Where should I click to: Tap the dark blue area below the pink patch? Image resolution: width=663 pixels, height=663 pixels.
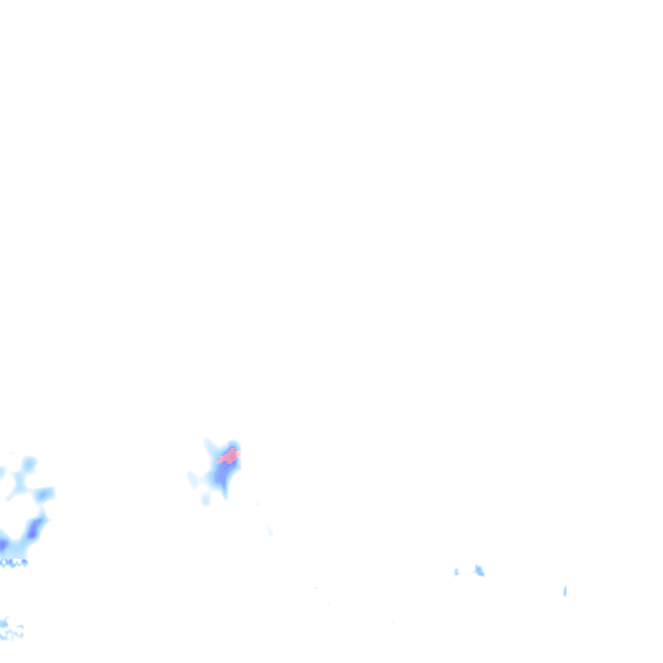click(222, 478)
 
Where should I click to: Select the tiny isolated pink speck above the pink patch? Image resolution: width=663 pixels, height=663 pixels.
click(232, 447)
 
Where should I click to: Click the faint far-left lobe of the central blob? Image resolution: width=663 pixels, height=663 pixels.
click(193, 479)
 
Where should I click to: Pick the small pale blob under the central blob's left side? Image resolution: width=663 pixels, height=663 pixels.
click(206, 499)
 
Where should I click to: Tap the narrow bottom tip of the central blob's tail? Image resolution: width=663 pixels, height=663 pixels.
click(225, 496)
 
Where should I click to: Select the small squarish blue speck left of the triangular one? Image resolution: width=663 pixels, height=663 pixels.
click(456, 572)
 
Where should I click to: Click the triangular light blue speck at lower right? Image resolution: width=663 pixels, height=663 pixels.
click(479, 570)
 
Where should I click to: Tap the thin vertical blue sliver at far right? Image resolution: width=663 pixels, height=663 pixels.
click(565, 590)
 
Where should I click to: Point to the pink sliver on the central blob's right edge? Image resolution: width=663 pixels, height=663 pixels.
click(237, 453)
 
